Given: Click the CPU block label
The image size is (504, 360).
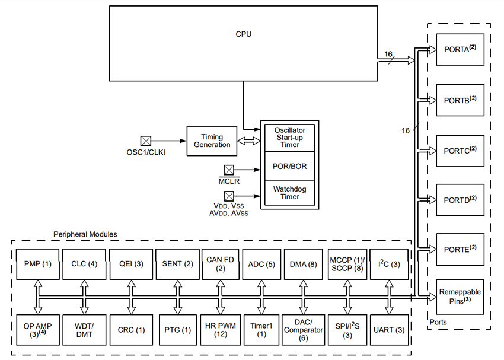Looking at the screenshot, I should click(x=243, y=34).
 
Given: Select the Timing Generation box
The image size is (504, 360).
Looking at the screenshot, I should click(x=212, y=141).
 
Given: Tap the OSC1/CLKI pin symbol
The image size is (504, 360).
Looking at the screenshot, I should click(x=145, y=141).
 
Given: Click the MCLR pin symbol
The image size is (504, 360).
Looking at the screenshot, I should click(x=228, y=170).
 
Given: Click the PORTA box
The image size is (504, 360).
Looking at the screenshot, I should click(x=460, y=50).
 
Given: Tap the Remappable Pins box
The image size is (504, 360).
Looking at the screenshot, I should click(x=460, y=296).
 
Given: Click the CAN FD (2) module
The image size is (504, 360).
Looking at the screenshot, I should click(x=219, y=264).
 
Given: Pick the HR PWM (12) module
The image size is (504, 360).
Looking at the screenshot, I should click(x=219, y=330).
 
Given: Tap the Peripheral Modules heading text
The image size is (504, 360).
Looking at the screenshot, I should click(x=85, y=234).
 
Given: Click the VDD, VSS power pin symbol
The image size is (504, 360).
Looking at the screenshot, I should click(x=228, y=196).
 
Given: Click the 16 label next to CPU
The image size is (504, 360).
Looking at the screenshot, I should click(x=388, y=54).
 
